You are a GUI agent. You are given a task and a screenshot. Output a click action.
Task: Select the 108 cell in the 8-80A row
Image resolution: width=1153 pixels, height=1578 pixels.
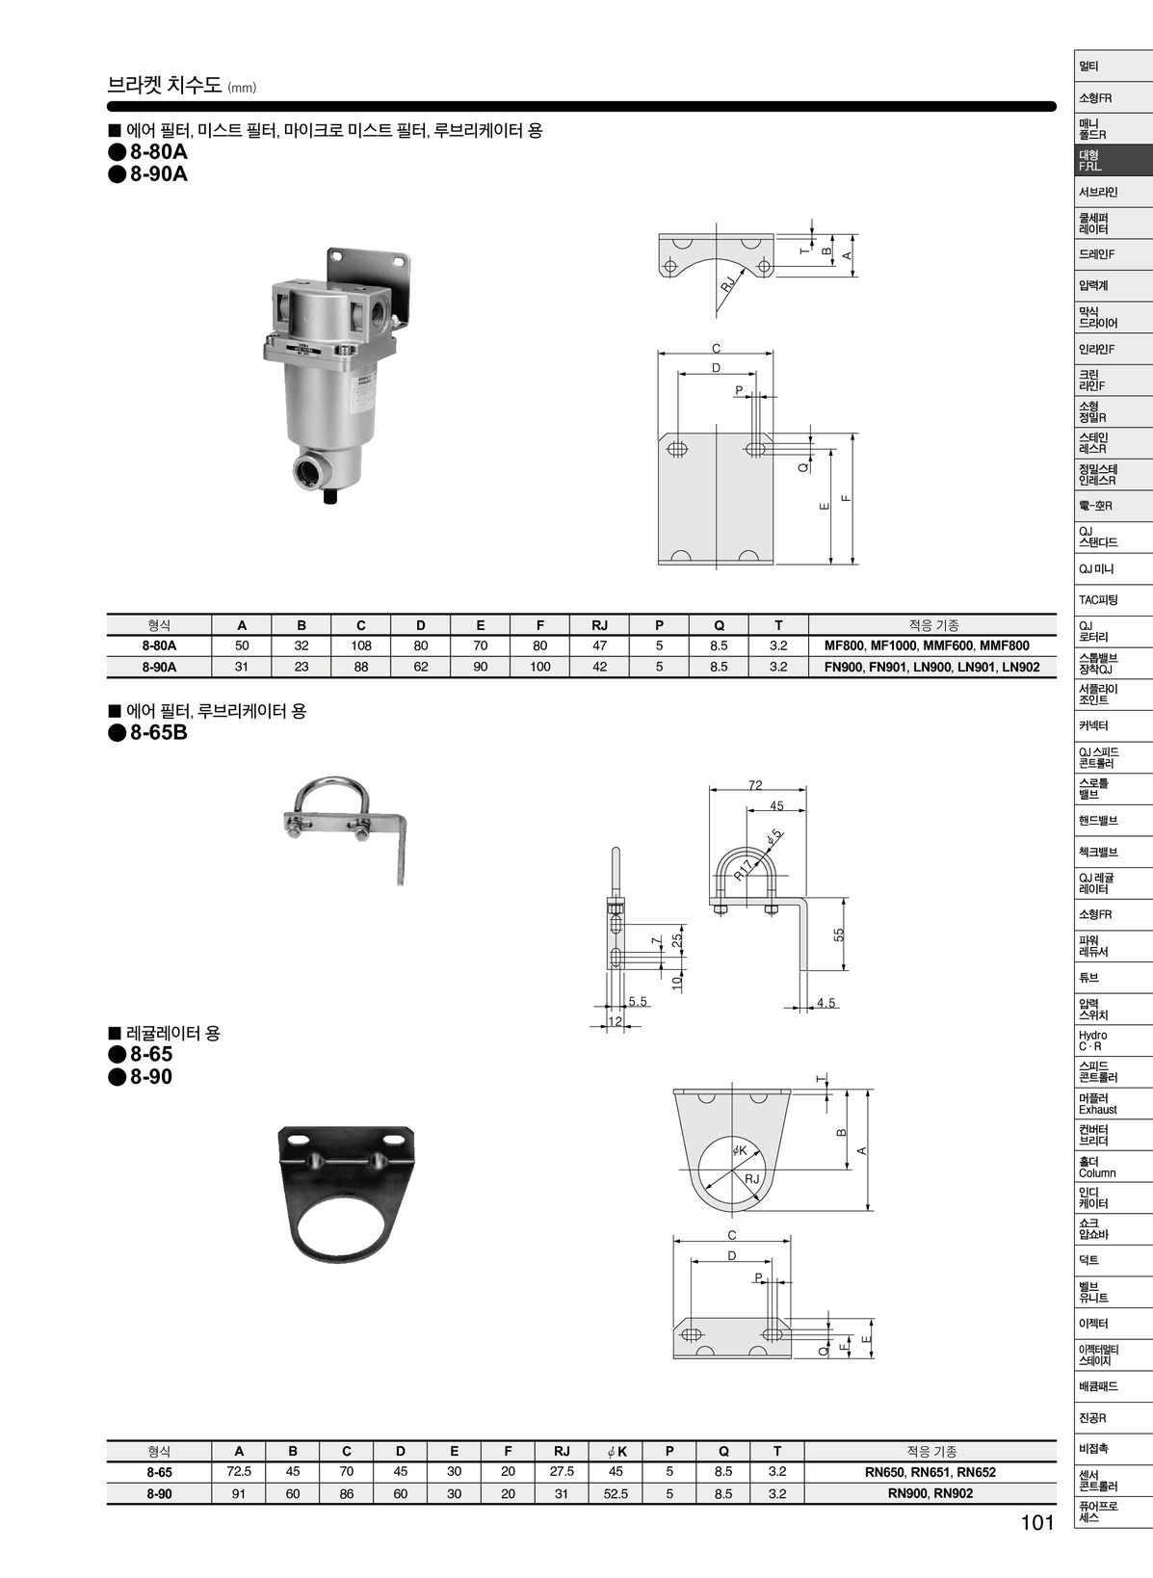(x=360, y=645)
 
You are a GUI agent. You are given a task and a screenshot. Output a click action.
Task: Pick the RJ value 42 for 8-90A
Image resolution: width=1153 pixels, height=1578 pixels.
(x=599, y=667)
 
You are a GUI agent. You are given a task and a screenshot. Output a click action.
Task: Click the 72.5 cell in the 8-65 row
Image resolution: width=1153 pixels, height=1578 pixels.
(x=239, y=1472)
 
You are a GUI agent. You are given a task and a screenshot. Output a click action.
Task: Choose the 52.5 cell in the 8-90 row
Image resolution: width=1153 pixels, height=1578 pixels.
(x=616, y=1493)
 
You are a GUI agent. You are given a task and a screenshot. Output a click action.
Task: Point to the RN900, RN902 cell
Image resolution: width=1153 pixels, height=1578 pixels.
(x=930, y=1493)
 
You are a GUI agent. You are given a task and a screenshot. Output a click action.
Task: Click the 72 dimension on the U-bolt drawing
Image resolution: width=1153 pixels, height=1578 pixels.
(x=755, y=785)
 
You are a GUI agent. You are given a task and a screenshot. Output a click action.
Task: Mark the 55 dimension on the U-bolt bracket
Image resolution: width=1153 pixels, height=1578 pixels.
(x=839, y=934)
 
